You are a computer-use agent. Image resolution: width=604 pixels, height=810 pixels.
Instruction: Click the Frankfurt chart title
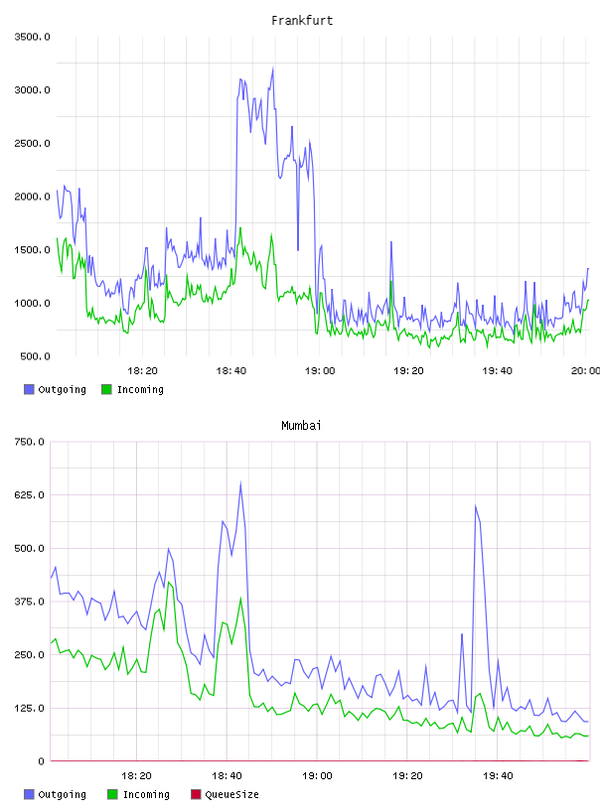[x=302, y=21]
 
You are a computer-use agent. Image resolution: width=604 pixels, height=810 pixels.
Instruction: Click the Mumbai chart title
[x=301, y=426]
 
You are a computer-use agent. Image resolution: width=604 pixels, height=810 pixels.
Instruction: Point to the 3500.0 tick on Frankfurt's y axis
[x=32, y=37]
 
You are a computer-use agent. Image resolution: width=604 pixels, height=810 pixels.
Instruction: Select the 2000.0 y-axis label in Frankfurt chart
[x=32, y=197]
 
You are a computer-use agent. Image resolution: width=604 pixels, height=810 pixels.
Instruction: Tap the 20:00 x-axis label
[x=585, y=370]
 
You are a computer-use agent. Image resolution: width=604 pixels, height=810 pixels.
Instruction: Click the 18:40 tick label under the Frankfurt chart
[x=230, y=370]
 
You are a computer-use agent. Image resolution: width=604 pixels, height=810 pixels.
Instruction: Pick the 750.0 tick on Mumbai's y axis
[x=29, y=442]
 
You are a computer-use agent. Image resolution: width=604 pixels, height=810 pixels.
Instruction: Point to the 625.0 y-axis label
[x=29, y=495]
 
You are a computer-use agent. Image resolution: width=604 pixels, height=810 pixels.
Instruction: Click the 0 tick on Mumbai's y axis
[x=41, y=761]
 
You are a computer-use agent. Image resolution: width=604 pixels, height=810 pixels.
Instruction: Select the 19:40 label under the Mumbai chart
[x=498, y=775]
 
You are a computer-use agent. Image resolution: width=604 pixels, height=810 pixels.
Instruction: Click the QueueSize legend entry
[x=225, y=794]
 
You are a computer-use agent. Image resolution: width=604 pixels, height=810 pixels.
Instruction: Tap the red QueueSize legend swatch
[x=196, y=794]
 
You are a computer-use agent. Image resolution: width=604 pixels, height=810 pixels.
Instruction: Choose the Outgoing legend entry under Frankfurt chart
[x=55, y=389]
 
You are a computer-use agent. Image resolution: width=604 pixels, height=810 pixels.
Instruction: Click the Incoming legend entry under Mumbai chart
[x=139, y=794]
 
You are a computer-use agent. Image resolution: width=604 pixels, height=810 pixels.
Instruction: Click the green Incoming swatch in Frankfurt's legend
[x=106, y=389]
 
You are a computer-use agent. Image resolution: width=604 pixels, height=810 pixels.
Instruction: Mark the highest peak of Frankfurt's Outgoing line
[x=272, y=68]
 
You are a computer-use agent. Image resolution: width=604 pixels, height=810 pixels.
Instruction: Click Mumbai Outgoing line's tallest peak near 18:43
[x=240, y=483]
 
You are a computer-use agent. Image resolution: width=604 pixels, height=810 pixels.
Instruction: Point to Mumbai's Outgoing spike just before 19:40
[x=475, y=506]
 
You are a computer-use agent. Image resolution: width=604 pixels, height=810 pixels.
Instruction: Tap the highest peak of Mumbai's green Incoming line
[x=169, y=582]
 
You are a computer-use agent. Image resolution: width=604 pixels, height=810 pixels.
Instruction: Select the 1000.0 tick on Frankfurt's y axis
[x=32, y=303]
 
